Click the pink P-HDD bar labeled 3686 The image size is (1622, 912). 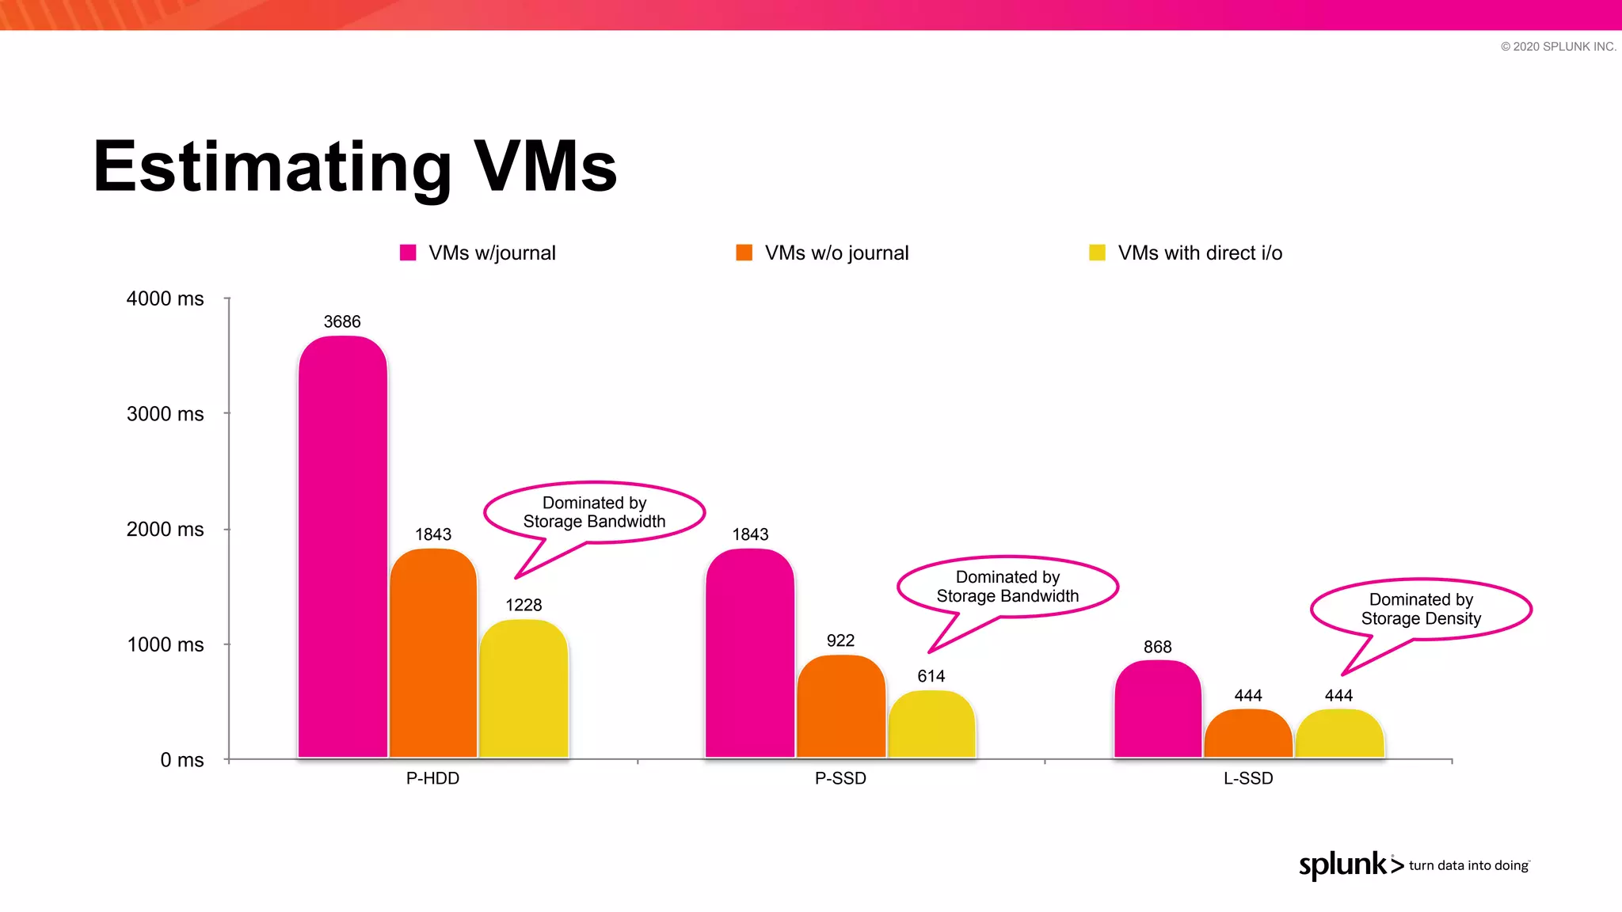pos(343,546)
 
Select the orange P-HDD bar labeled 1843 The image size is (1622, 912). pos(433,653)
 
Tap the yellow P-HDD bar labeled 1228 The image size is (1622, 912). pos(524,689)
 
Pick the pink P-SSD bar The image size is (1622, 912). pos(750,653)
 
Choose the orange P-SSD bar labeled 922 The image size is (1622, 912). pos(841,706)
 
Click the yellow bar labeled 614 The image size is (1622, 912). pos(931,724)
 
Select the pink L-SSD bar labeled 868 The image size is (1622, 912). pos(1157,709)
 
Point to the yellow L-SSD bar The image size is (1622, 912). pos(1339,734)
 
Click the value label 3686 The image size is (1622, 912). pos(342,321)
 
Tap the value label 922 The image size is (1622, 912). pos(840,640)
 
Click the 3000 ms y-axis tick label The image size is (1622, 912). pos(165,414)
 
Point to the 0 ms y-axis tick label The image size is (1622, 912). pos(181,760)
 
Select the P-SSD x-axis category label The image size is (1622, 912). pos(840,778)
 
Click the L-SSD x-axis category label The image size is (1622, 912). pos(1248,778)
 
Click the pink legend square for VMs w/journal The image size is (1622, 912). pos(408,253)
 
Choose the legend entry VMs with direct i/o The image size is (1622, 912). pos(1199,253)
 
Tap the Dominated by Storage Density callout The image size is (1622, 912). pos(1421,609)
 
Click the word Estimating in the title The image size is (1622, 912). pos(272,167)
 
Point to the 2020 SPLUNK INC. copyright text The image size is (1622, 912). pos(1558,47)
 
